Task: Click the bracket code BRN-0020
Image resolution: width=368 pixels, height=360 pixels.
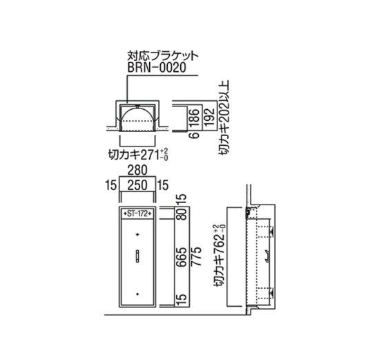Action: (157, 68)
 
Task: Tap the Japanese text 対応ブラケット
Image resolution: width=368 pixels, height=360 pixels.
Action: (163, 56)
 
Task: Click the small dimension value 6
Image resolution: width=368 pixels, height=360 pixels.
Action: (195, 135)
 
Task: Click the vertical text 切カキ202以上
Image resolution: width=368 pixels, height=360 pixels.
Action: (224, 118)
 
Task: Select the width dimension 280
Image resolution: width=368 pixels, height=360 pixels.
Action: (137, 170)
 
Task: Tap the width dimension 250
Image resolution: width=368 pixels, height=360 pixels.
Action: (137, 184)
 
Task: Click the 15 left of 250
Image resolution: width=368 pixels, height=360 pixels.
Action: (110, 185)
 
